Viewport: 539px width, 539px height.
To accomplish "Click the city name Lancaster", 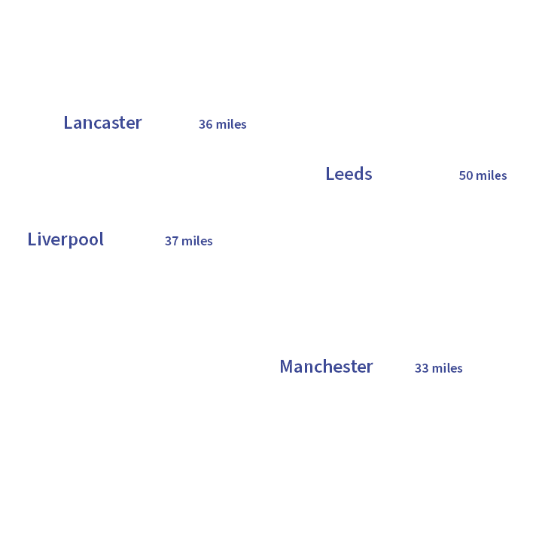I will [x=102, y=123].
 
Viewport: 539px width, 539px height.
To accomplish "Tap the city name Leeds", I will [x=349, y=174].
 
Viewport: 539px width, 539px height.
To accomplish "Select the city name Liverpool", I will [x=65, y=239].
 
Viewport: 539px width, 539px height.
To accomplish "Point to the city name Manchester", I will [x=326, y=367].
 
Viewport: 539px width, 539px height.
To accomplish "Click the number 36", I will [x=206, y=124].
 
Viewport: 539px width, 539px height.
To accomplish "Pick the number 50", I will [x=466, y=175].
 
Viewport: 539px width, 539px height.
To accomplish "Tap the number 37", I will [x=172, y=241].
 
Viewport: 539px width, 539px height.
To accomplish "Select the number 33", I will [x=422, y=368].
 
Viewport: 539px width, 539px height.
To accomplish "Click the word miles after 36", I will [x=231, y=124].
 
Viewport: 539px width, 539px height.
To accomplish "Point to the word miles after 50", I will [x=492, y=175].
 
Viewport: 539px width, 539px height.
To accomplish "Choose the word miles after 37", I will [x=197, y=241].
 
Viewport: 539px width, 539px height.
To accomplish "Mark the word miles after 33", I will [x=447, y=368].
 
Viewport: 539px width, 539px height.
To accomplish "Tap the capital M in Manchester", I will [x=287, y=367].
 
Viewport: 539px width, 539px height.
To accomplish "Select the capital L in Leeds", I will [x=330, y=174].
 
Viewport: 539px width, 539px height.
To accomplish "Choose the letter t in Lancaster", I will [x=121, y=123].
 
